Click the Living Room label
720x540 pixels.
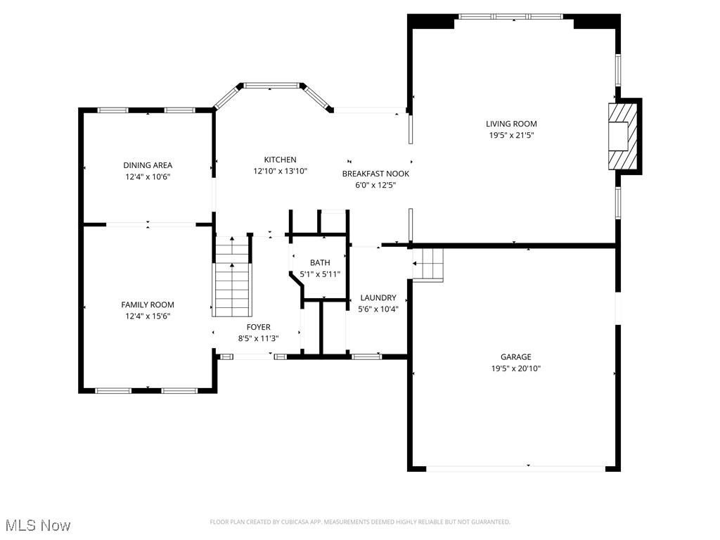pyautogui.click(x=513, y=124)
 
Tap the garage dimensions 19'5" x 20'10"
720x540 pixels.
pyautogui.click(x=515, y=368)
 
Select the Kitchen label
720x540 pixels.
pyautogui.click(x=280, y=160)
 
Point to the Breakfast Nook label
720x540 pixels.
pyautogui.click(x=375, y=174)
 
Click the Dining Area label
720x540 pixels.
pyautogui.click(x=148, y=165)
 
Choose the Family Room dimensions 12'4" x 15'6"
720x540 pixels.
pyautogui.click(x=148, y=316)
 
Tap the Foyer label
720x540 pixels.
pyautogui.click(x=258, y=327)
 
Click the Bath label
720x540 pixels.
pyautogui.click(x=320, y=262)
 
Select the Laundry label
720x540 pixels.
pyautogui.click(x=378, y=297)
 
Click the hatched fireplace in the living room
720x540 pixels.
pyautogui.click(x=622, y=136)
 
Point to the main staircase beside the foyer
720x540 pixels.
pyautogui.click(x=232, y=278)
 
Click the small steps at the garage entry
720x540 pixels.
pyautogui.click(x=428, y=265)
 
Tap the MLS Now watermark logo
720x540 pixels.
pyautogui.click(x=38, y=525)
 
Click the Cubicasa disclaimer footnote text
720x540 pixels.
pyautogui.click(x=360, y=522)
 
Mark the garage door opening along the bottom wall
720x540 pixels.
pyautogui.click(x=515, y=467)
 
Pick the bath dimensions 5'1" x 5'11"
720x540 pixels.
pyautogui.click(x=320, y=274)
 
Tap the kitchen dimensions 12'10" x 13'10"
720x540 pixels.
pyautogui.click(x=280, y=171)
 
